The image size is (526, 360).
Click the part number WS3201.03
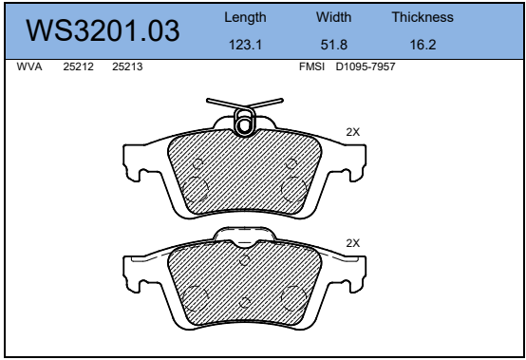click(103, 30)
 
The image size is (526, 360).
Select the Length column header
click(245, 17)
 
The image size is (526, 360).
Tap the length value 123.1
click(245, 45)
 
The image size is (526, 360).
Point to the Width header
click(334, 17)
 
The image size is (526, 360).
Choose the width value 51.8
click(334, 45)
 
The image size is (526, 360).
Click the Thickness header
click(423, 17)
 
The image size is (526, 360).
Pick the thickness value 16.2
click(423, 45)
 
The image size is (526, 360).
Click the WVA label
click(29, 66)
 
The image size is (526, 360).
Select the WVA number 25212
click(78, 66)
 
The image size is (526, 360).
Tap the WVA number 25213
click(127, 66)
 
